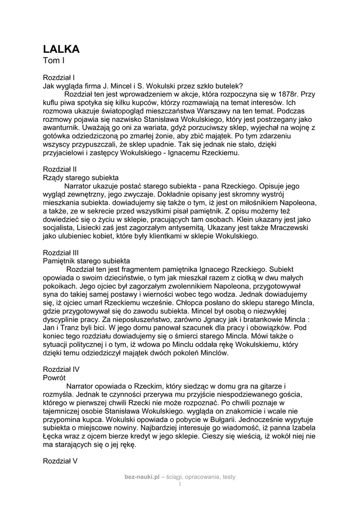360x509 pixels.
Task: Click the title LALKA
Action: [62, 49]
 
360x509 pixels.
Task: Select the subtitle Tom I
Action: [54, 61]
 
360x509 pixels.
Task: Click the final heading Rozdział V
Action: [60, 461]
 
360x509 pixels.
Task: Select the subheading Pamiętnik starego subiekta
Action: [87, 260]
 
